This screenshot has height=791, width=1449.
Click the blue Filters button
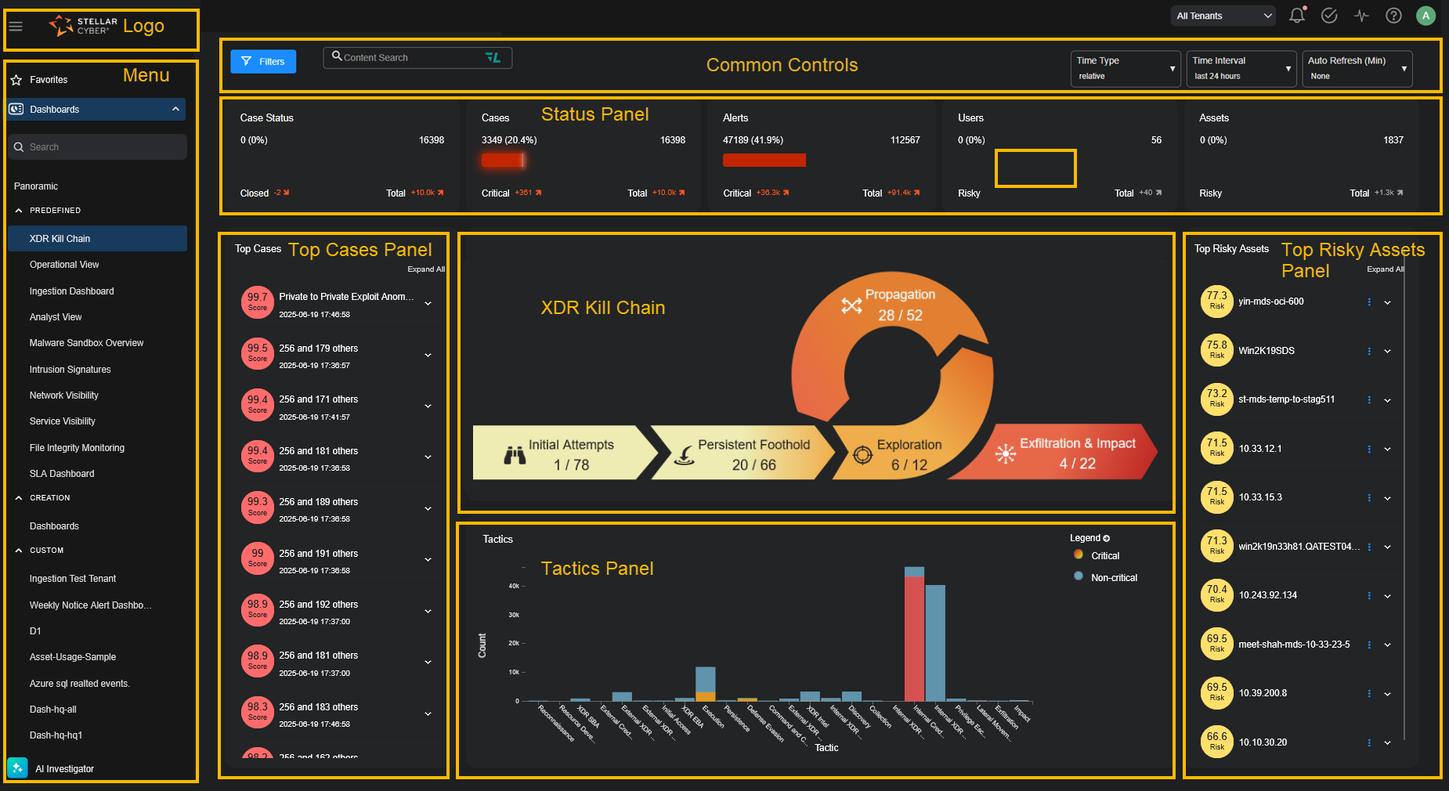point(263,62)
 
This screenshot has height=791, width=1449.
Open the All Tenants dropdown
point(1222,16)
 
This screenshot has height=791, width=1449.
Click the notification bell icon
point(1297,16)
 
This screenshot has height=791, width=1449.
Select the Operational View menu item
point(64,265)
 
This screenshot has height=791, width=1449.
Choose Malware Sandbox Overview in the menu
point(86,343)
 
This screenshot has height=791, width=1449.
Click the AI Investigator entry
point(64,769)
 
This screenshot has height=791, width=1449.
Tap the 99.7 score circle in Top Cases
point(258,302)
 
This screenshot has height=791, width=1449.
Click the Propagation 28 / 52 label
point(900,305)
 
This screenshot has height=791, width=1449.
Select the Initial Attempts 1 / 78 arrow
point(564,453)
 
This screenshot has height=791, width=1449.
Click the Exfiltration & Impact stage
point(1076,453)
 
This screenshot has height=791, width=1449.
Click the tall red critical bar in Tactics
point(914,638)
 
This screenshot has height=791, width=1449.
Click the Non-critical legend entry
point(1113,578)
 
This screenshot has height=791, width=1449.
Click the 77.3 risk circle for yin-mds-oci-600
point(1216,302)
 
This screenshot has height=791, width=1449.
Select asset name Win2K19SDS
point(1266,351)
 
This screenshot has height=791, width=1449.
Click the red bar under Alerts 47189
point(764,161)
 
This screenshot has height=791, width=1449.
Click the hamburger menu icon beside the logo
point(16,27)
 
